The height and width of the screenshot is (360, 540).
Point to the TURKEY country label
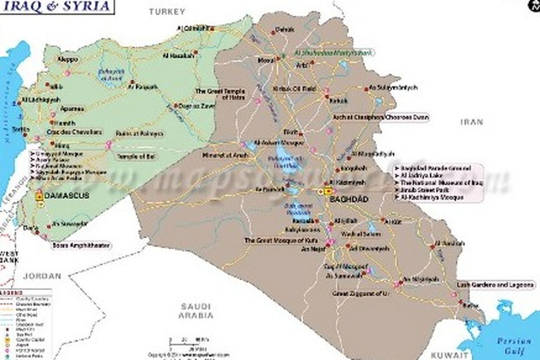click(167, 12)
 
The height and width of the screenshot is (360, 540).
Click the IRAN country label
click(471, 121)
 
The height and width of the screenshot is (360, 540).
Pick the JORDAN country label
click(42, 276)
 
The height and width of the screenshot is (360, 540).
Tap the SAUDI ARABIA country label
click(196, 310)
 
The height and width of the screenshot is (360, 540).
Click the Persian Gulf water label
click(514, 345)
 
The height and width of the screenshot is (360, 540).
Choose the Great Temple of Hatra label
click(220, 94)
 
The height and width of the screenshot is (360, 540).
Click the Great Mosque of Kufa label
click(274, 241)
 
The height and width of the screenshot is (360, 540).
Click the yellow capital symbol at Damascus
click(39, 196)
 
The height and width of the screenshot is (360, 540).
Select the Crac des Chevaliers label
click(74, 132)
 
